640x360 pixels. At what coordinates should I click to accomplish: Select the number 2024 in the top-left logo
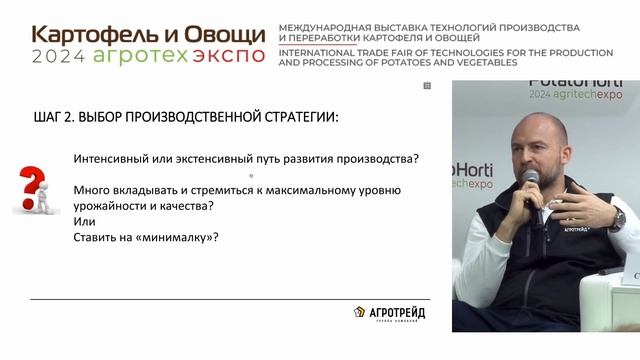pyautogui.click(x=60, y=55)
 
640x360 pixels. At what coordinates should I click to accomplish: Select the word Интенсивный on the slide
pyautogui.click(x=116, y=159)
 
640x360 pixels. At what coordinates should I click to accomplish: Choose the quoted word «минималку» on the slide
pyautogui.click(x=176, y=238)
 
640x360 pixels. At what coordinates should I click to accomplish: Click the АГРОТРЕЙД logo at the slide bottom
pyautogui.click(x=389, y=313)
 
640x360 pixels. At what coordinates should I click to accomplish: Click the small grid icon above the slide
pyautogui.click(x=427, y=87)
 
